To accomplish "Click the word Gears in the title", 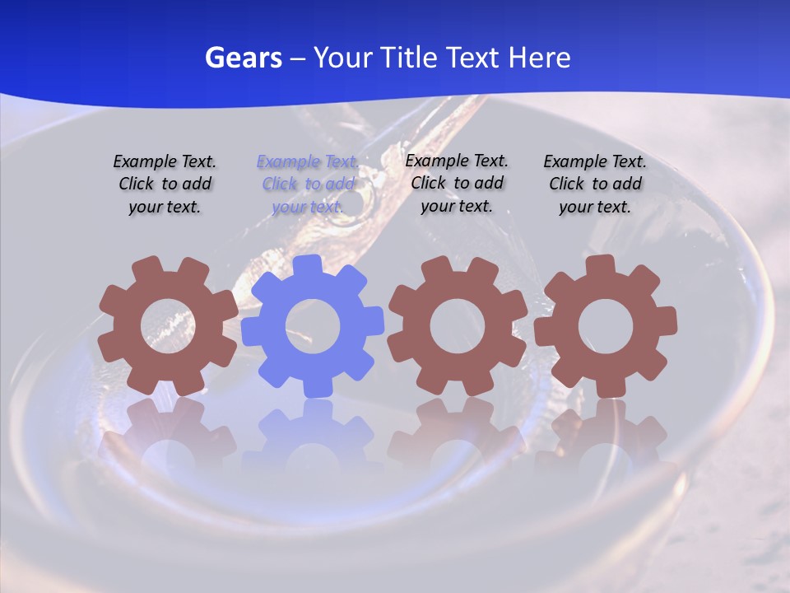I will point(243,58).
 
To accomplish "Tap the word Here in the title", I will point(539,58).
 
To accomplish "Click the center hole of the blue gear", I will point(313,327).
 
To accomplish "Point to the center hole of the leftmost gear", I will point(168,327).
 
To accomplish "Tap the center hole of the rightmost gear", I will point(605,327).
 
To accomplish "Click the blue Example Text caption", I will point(308,184).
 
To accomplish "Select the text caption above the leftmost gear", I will point(165,184).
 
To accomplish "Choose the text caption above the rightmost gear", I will point(595,184).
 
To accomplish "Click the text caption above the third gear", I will point(457,183).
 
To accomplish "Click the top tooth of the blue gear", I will point(307,265).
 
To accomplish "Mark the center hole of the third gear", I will point(457,327).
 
